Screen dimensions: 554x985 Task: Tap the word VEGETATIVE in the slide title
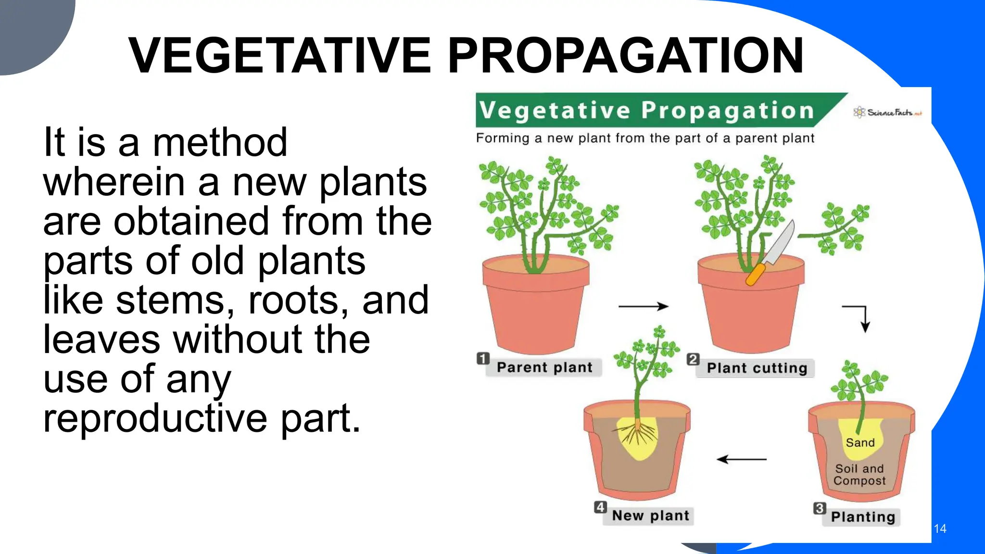point(280,56)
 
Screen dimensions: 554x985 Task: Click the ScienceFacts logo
point(887,113)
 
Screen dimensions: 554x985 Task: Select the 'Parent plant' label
point(544,367)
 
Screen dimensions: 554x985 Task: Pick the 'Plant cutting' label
point(757,368)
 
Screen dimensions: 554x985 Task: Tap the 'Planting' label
point(863,517)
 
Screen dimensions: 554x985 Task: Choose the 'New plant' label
point(650,516)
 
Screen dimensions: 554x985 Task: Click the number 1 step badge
point(483,359)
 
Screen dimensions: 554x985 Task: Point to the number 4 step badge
point(600,507)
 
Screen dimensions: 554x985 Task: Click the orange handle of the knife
point(755,275)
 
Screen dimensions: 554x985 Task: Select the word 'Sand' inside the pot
point(860,442)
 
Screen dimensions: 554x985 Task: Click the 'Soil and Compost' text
point(859,475)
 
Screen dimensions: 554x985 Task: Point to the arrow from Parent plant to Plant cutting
point(643,306)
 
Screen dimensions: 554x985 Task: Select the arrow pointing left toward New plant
point(742,459)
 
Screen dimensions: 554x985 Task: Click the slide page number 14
point(940,529)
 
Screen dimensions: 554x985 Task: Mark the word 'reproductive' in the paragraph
point(155,418)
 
